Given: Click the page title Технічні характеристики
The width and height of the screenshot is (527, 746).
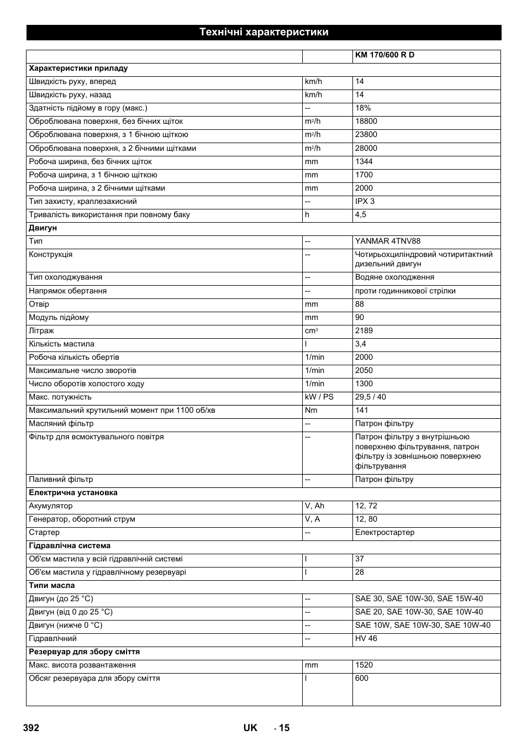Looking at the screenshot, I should pyautogui.click(x=263, y=32).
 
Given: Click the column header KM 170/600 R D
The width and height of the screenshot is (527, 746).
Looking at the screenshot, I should pyautogui.click(x=384, y=55).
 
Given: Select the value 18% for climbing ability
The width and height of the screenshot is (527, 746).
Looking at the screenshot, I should pyautogui.click(x=363, y=108).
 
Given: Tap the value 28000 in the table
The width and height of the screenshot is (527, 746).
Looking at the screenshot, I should pyautogui.click(x=366, y=148).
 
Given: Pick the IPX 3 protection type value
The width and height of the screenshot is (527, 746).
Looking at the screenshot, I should pyautogui.click(x=365, y=201).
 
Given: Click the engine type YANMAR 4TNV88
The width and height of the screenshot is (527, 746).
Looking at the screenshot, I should pyautogui.click(x=388, y=241).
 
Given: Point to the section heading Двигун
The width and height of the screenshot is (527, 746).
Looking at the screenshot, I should pyautogui.click(x=43, y=228).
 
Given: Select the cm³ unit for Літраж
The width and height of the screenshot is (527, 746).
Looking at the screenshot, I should pyautogui.click(x=311, y=330).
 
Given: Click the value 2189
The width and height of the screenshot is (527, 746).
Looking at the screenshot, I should pyautogui.click(x=364, y=330).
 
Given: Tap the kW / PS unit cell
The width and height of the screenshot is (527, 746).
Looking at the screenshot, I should pyautogui.click(x=319, y=397).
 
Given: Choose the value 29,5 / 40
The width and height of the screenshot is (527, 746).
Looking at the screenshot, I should pyautogui.click(x=371, y=397).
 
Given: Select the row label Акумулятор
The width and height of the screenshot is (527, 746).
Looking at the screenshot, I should pyautogui.click(x=51, y=506).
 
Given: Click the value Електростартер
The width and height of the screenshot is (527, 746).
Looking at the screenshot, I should pyautogui.click(x=385, y=532).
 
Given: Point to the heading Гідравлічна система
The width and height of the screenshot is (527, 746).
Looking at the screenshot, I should pyautogui.click(x=70, y=545).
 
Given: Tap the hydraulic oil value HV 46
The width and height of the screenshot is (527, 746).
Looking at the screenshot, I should pyautogui.click(x=366, y=638).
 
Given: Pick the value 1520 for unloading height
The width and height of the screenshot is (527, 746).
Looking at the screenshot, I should pyautogui.click(x=364, y=665).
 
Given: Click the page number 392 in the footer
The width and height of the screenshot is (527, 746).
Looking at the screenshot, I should pyautogui.click(x=31, y=728).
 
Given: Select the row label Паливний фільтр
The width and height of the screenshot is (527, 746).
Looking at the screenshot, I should pyautogui.click(x=61, y=479).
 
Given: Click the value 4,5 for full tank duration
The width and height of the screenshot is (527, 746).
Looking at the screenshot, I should pyautogui.click(x=361, y=214).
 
